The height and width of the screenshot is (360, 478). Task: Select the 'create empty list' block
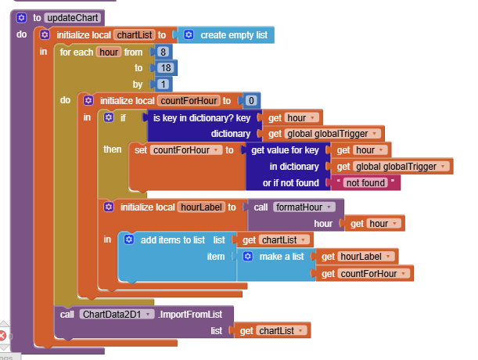click(233, 34)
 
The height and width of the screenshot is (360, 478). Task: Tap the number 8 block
click(164, 52)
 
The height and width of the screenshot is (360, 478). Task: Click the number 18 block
click(165, 68)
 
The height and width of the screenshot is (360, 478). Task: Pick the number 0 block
click(250, 100)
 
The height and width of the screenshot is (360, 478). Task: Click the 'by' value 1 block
click(164, 84)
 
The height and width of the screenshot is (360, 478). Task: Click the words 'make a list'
click(282, 256)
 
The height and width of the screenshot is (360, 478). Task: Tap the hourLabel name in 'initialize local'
click(201, 207)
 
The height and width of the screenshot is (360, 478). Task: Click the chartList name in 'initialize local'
click(135, 34)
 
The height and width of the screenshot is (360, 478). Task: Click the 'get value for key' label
click(284, 149)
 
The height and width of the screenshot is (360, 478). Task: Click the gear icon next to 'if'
click(110, 117)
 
